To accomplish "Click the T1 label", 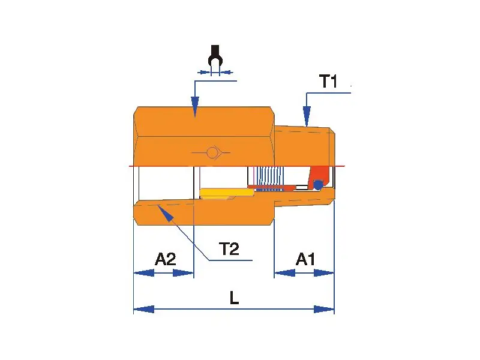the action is click(x=328, y=81).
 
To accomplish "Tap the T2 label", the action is click(x=229, y=248).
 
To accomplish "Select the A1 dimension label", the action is click(x=306, y=259).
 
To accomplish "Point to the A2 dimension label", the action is click(x=165, y=259).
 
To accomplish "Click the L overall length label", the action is click(x=234, y=297).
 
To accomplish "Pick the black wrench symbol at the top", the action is click(x=215, y=59).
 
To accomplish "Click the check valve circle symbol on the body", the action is click(x=212, y=152).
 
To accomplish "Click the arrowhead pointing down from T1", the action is click(x=307, y=116).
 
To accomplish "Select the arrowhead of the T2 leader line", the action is click(x=162, y=211).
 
